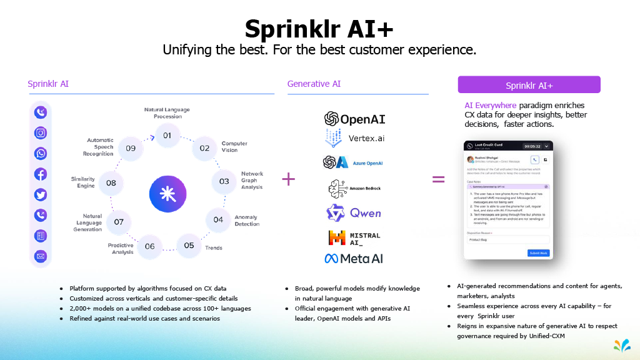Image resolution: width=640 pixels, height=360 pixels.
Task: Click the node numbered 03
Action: (x=224, y=181)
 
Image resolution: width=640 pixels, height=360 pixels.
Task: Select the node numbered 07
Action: (x=119, y=222)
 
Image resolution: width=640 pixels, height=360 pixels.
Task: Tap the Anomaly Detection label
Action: (x=246, y=221)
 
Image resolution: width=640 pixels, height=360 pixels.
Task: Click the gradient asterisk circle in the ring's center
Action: (x=167, y=194)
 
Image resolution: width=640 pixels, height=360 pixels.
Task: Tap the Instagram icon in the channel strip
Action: (x=41, y=132)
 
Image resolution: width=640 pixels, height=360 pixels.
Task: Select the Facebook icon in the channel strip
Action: (x=41, y=174)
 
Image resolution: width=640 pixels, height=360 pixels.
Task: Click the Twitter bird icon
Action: (x=41, y=194)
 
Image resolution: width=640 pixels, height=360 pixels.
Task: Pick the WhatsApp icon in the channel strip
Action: (x=41, y=153)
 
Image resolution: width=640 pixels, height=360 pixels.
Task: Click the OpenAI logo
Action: (x=354, y=119)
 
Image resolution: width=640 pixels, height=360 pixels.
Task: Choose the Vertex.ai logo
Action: (x=354, y=137)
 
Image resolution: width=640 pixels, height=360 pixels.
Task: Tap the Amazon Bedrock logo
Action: (x=354, y=188)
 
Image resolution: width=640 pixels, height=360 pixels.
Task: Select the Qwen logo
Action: (x=354, y=213)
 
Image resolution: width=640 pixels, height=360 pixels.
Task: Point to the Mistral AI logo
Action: (x=354, y=237)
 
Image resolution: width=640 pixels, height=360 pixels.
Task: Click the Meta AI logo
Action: (x=354, y=258)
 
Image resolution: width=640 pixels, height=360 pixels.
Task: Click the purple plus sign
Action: (x=288, y=179)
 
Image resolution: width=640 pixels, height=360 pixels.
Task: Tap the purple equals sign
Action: (x=439, y=179)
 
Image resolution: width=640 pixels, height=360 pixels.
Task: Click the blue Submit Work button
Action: (x=538, y=253)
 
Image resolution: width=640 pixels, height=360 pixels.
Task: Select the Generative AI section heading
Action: (x=314, y=84)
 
